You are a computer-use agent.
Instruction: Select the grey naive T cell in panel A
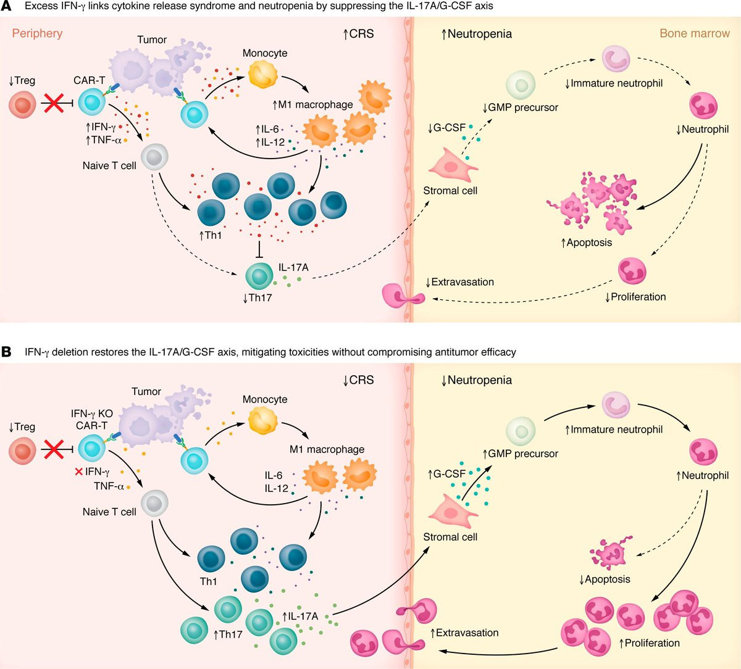(154, 157)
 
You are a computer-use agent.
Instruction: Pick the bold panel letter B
(7, 352)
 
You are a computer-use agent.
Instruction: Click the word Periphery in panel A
(37, 33)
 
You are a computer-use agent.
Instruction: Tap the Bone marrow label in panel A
(695, 33)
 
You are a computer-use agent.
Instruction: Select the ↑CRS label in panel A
(359, 33)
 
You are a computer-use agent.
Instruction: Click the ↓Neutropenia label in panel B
(476, 380)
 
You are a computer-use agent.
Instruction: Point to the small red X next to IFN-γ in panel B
(78, 472)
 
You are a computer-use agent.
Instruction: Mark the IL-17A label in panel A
(293, 267)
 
